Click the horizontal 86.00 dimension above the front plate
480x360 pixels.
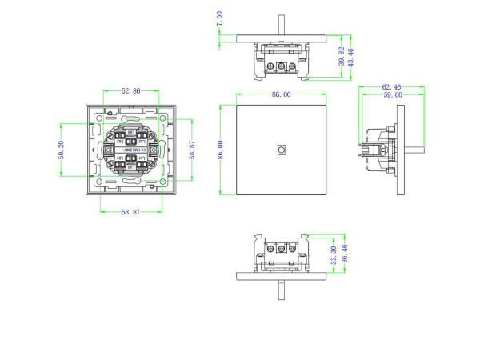pyautogui.click(x=281, y=94)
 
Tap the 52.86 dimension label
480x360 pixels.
pyautogui.click(x=131, y=91)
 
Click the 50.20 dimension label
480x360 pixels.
pyautogui.click(x=62, y=150)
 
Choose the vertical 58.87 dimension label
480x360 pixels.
pyautogui.click(x=192, y=149)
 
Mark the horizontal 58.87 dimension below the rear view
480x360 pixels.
pyautogui.click(x=131, y=211)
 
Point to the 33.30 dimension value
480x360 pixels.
pyautogui.click(x=333, y=255)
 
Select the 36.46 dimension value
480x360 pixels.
pyautogui.click(x=344, y=255)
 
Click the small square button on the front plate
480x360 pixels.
pyautogui.click(x=281, y=150)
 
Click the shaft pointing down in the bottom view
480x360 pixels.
pyautogui.click(x=281, y=289)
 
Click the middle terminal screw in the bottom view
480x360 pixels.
pyautogui.click(x=281, y=249)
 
